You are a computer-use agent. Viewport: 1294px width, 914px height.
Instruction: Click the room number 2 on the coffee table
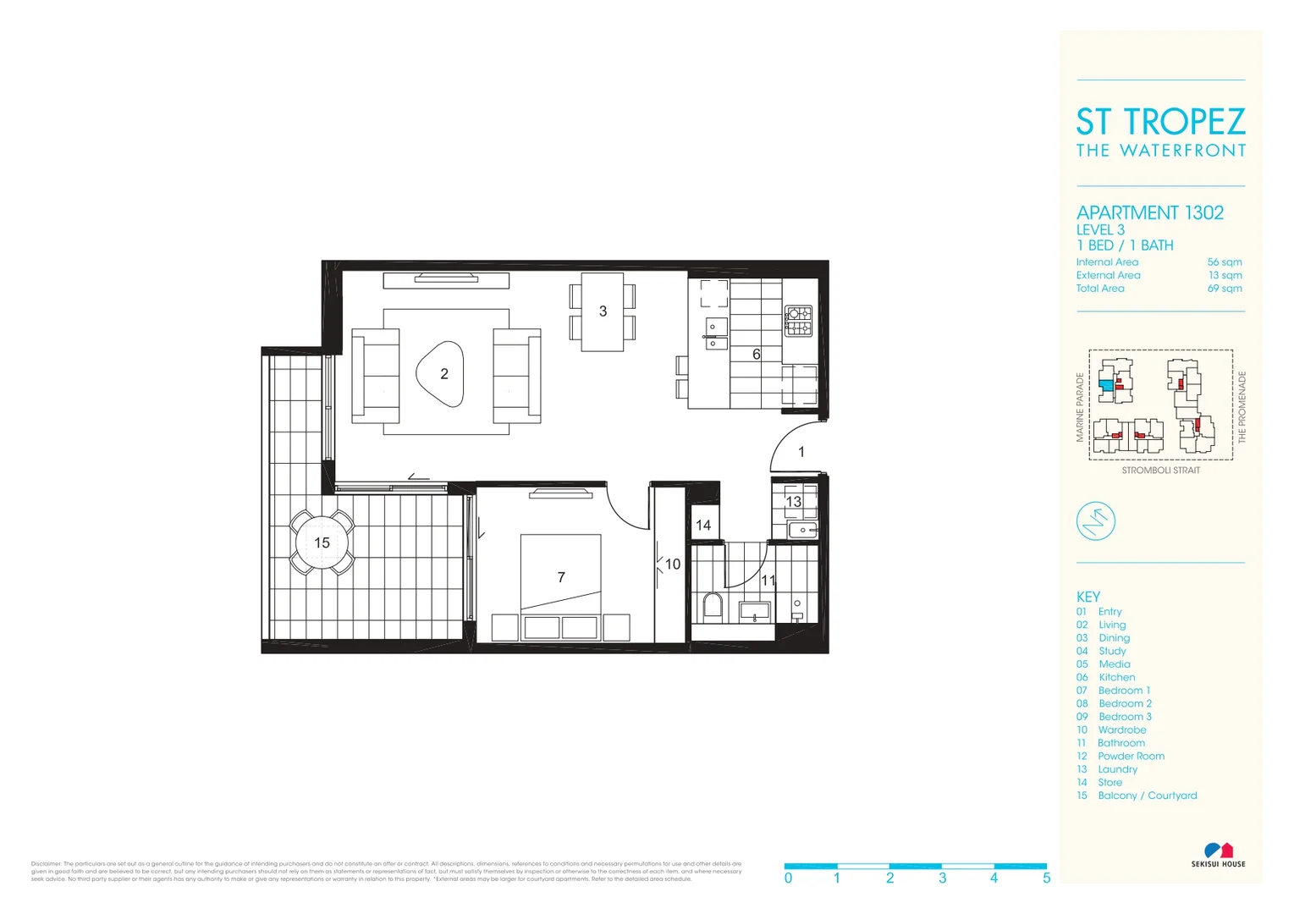pyautogui.click(x=443, y=373)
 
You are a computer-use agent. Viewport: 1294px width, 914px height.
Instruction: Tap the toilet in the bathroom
pyautogui.click(x=712, y=606)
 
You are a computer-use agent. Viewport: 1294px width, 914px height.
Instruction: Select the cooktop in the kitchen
pyautogui.click(x=798, y=321)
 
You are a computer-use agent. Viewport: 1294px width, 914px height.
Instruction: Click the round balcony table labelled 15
pyautogui.click(x=322, y=542)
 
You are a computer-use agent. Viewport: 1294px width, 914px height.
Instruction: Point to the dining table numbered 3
pyautogui.click(x=603, y=311)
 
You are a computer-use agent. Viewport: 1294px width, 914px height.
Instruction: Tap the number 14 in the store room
pyautogui.click(x=703, y=525)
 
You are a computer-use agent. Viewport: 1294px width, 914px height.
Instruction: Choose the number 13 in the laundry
pyautogui.click(x=793, y=501)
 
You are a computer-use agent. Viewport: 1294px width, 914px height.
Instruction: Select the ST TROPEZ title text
pyautogui.click(x=1160, y=122)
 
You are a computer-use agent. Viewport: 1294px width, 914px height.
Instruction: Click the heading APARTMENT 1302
pyautogui.click(x=1149, y=212)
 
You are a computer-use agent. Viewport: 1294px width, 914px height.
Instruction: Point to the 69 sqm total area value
pyautogui.click(x=1225, y=289)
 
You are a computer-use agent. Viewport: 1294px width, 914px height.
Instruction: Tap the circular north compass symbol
pyautogui.click(x=1095, y=520)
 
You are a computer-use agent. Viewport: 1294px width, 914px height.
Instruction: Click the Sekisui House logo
pyautogui.click(x=1218, y=854)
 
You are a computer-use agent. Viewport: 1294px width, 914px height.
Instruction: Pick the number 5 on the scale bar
pyautogui.click(x=1046, y=878)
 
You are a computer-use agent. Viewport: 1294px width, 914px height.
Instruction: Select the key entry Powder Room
pyautogui.click(x=1131, y=756)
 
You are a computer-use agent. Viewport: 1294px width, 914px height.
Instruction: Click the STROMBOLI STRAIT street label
pyautogui.click(x=1160, y=471)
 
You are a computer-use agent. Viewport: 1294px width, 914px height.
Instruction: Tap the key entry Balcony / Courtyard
pyautogui.click(x=1147, y=796)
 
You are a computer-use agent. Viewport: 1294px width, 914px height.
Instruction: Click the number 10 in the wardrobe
pyautogui.click(x=672, y=564)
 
